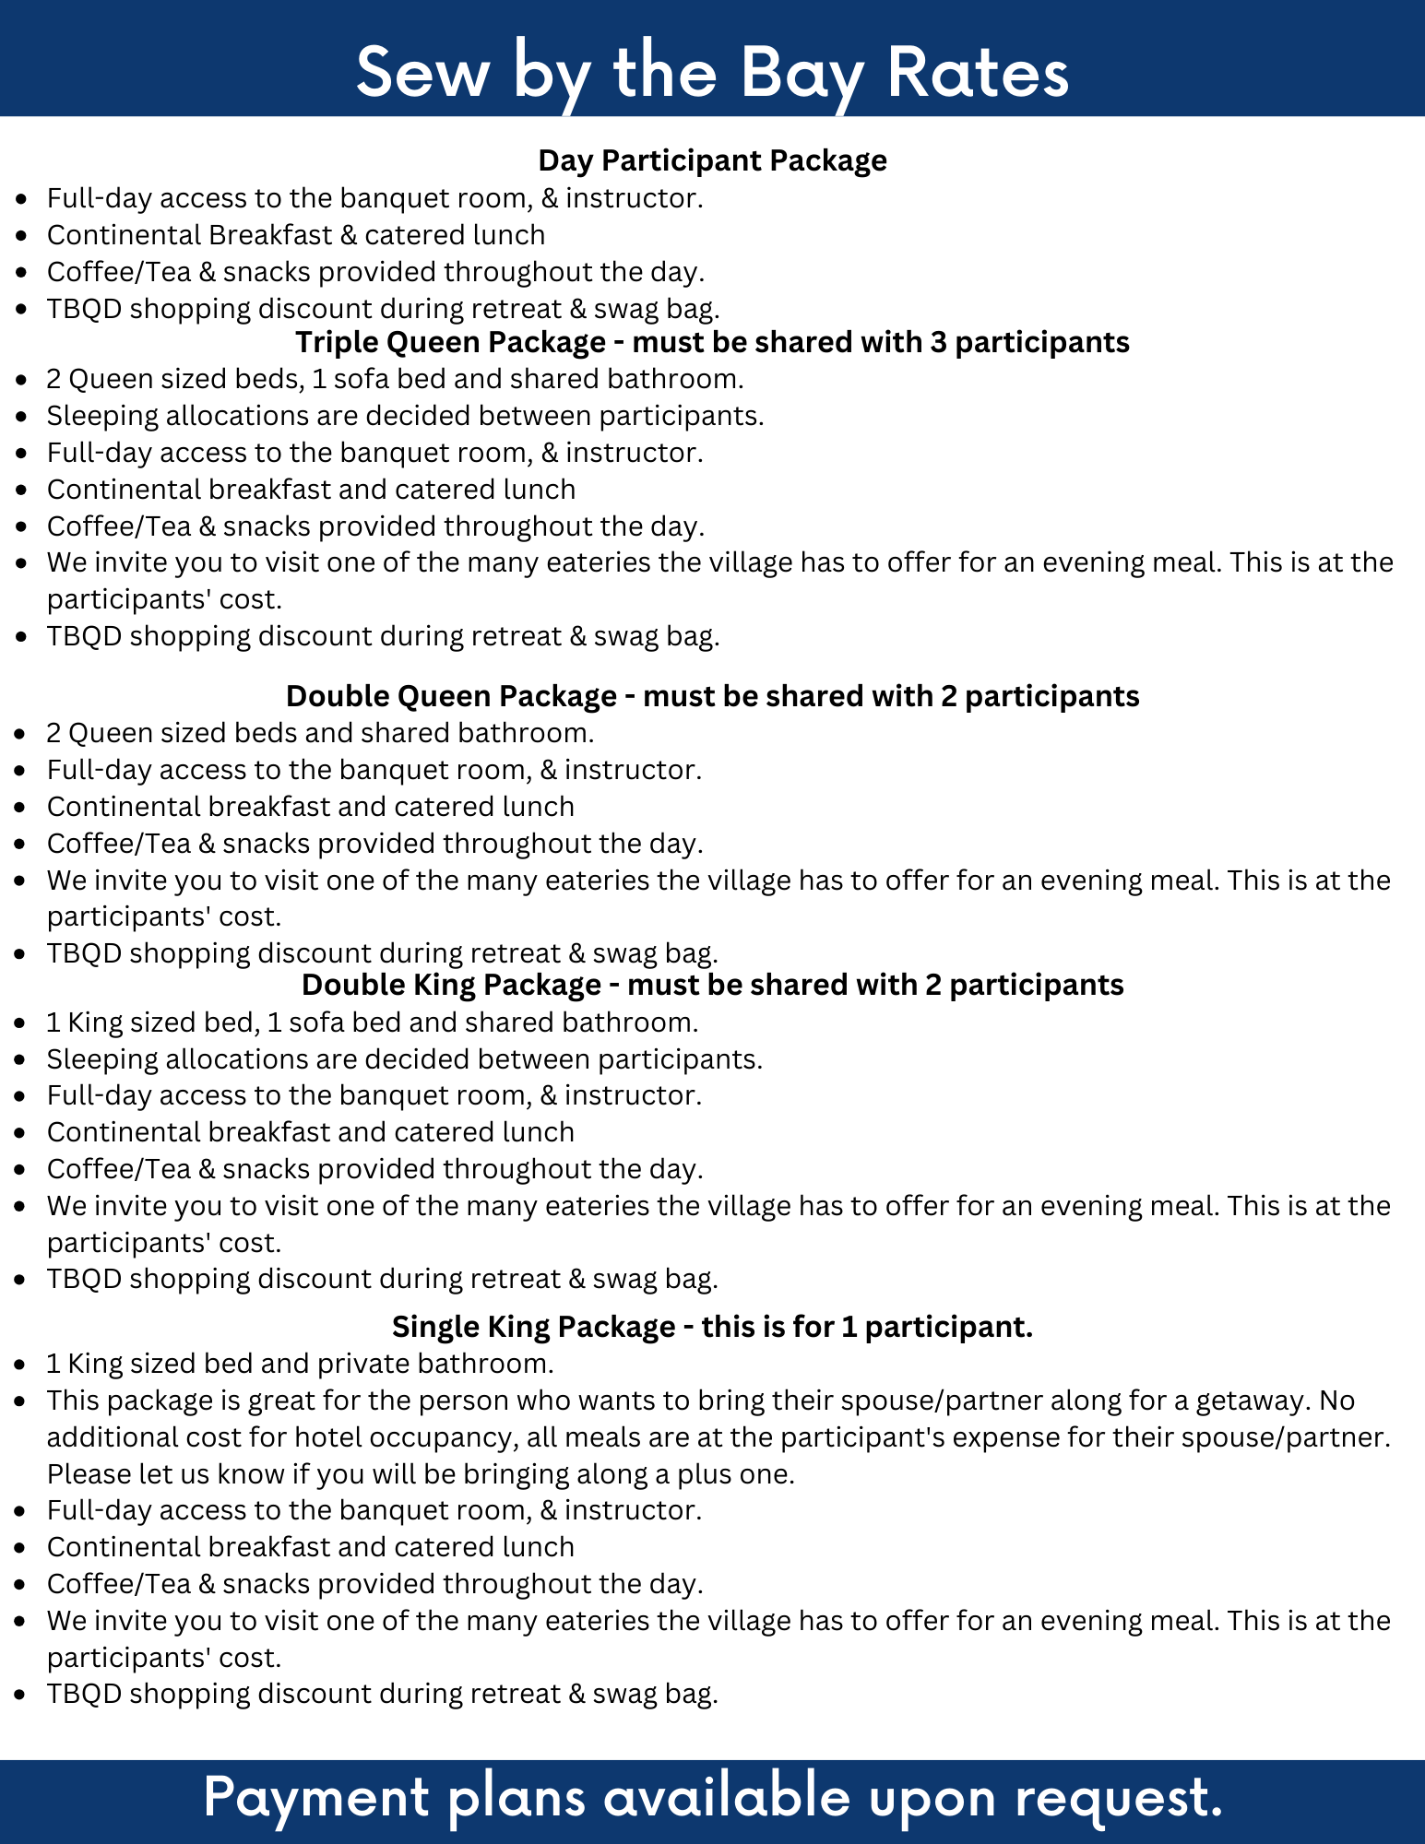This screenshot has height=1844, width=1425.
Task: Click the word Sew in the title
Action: coord(422,73)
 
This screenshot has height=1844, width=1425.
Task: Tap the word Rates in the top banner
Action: coord(978,73)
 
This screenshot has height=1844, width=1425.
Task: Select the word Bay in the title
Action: coord(802,73)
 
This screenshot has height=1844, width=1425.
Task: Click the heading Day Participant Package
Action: coord(712,160)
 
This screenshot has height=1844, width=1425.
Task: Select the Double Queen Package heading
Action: coord(712,695)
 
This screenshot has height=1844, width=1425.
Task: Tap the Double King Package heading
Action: coord(712,985)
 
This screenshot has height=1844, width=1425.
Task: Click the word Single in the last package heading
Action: coord(433,1326)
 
